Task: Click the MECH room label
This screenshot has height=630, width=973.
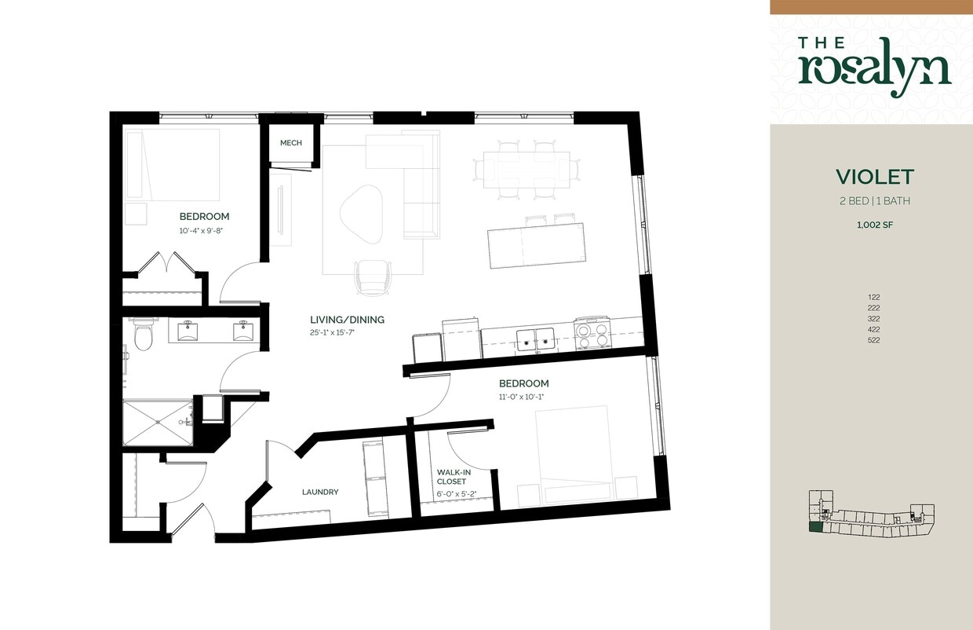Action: pos(291,143)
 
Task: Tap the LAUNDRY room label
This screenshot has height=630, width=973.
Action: pos(320,493)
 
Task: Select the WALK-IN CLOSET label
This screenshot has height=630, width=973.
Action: pos(454,477)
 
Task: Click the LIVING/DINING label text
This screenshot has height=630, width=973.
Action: pos(347,320)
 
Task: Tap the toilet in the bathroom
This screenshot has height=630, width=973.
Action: pos(143,336)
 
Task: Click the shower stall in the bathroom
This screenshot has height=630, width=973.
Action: pos(158,423)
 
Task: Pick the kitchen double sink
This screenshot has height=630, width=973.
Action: pos(536,339)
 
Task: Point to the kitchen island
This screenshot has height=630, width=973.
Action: pos(536,244)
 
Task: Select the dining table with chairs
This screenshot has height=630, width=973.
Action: pos(526,169)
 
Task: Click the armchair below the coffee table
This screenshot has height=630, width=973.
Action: pos(372,278)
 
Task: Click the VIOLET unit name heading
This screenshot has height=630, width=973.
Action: pos(874,176)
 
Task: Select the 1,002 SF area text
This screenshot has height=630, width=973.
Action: pos(874,225)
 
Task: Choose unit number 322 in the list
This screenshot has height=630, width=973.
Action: pos(874,319)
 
